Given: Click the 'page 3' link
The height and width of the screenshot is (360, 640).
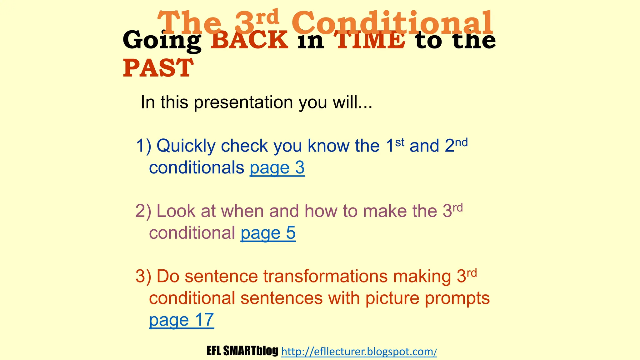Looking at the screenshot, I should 277,168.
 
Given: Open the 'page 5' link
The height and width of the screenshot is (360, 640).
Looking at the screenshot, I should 268,233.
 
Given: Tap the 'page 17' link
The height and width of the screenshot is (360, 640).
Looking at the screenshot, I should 181,320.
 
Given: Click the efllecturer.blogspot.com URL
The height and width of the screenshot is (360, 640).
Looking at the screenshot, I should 359,352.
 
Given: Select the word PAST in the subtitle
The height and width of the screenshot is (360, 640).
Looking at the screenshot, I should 158,68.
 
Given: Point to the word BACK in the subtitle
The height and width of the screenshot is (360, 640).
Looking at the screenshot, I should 249,40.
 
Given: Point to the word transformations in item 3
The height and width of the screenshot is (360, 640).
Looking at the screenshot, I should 325,277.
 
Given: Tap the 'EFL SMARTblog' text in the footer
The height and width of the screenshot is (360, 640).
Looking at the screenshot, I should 242,351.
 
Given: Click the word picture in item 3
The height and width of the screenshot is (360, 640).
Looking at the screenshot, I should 392,298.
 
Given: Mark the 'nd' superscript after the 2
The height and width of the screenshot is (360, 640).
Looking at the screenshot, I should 461,142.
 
